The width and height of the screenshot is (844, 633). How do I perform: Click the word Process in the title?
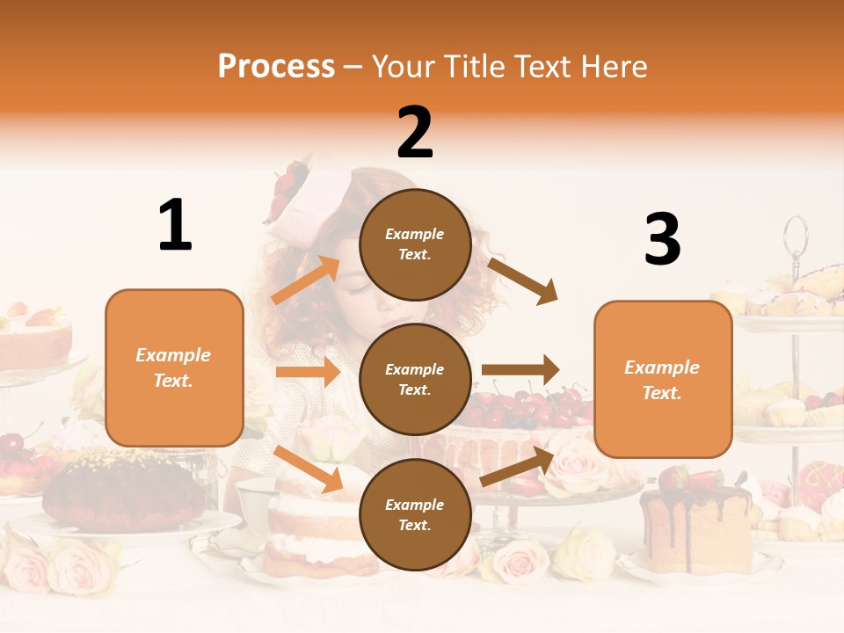tap(276, 66)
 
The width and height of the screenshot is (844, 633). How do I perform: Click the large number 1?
tap(175, 225)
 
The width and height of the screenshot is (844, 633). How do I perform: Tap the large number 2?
tap(415, 132)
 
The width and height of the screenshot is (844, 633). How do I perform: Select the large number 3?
tap(662, 239)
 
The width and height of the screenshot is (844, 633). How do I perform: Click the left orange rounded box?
tap(174, 367)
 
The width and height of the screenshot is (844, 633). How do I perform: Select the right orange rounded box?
tap(663, 379)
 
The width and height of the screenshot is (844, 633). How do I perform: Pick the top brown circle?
tap(415, 244)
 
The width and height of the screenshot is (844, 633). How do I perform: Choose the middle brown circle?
tap(415, 379)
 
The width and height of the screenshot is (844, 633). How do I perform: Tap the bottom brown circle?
tap(415, 514)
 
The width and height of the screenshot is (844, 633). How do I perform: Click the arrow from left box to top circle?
tap(306, 280)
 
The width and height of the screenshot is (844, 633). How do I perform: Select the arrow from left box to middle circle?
tap(307, 372)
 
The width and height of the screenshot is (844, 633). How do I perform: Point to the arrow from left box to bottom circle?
tap(308, 468)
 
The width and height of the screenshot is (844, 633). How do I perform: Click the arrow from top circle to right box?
tap(523, 280)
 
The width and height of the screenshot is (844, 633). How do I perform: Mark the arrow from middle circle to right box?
tap(520, 370)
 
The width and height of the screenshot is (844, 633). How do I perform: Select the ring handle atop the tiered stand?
tap(795, 236)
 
